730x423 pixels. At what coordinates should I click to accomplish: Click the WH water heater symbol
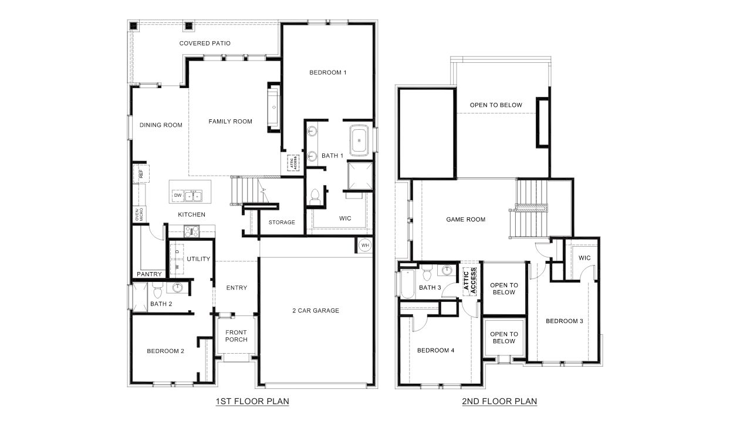pyautogui.click(x=365, y=245)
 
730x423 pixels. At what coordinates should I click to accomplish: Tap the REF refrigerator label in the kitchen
pyautogui.click(x=141, y=174)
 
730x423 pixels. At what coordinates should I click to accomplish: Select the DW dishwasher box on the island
pyautogui.click(x=178, y=195)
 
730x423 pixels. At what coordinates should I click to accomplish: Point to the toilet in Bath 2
pyautogui.click(x=157, y=291)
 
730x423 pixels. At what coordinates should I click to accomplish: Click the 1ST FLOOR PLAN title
pyautogui.click(x=252, y=402)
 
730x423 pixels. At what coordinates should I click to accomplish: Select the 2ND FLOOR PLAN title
pyautogui.click(x=499, y=402)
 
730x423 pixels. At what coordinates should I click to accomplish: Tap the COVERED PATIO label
pyautogui.click(x=205, y=43)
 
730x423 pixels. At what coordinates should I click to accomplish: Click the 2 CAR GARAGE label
pyautogui.click(x=316, y=311)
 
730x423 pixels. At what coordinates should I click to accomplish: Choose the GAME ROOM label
pyautogui.click(x=466, y=220)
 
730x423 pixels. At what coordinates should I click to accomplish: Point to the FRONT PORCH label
pyautogui.click(x=236, y=336)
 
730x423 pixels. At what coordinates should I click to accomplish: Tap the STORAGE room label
pyautogui.click(x=282, y=222)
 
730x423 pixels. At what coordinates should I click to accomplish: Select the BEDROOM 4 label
pyautogui.click(x=435, y=351)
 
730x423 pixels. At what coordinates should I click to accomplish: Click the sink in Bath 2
pyautogui.click(x=177, y=287)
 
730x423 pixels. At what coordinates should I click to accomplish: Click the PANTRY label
pyautogui.click(x=149, y=274)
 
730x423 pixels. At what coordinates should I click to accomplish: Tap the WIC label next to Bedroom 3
pyautogui.click(x=584, y=258)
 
